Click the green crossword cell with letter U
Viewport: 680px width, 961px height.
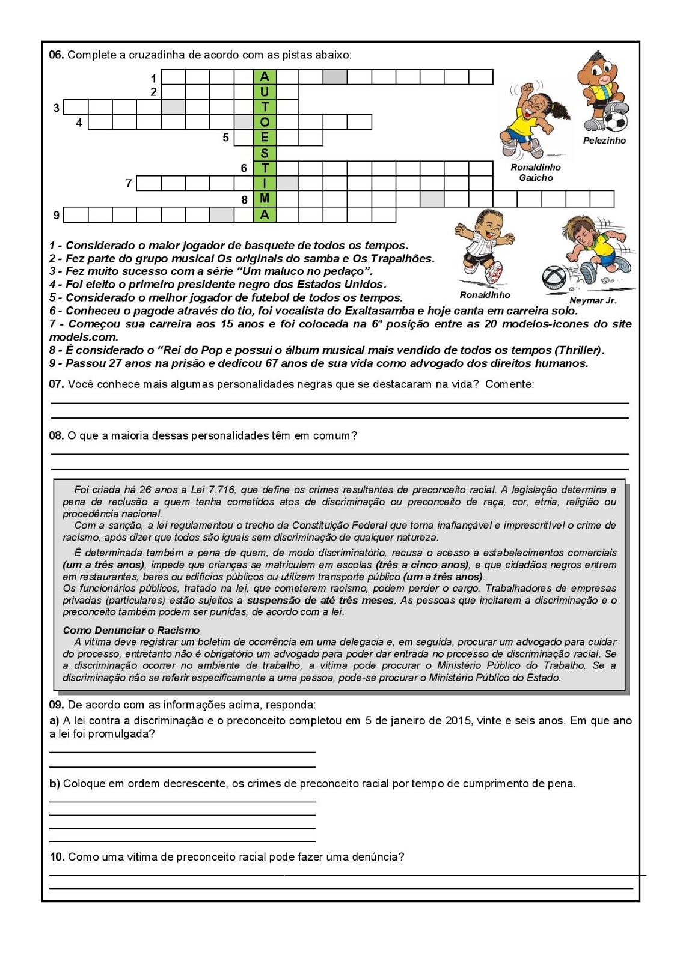[264, 92]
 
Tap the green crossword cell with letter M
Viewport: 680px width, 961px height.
[264, 199]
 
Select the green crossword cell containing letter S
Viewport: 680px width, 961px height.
[264, 153]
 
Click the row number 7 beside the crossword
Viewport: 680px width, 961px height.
[129, 183]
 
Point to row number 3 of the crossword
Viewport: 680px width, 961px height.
[57, 108]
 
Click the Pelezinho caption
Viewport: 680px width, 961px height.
[604, 141]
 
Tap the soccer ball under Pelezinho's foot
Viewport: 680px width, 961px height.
[614, 121]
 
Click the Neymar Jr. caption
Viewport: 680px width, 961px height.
[593, 300]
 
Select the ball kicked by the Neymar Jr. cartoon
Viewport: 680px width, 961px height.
[554, 278]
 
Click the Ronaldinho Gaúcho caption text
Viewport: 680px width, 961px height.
[536, 172]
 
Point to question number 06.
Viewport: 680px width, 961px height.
[56, 55]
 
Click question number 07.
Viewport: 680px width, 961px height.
[56, 384]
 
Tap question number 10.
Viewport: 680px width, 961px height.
[57, 857]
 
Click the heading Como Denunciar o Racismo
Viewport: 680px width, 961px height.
[131, 630]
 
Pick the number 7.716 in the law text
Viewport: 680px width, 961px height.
[221, 490]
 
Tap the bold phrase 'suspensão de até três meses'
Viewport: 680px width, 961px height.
[320, 600]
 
